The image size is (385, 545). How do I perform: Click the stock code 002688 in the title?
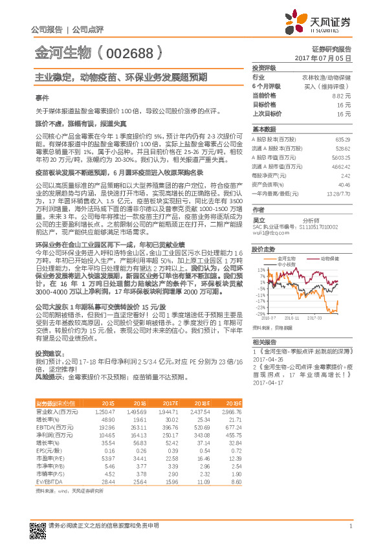coord(135,50)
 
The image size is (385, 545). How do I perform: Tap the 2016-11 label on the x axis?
coord(291,318)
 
